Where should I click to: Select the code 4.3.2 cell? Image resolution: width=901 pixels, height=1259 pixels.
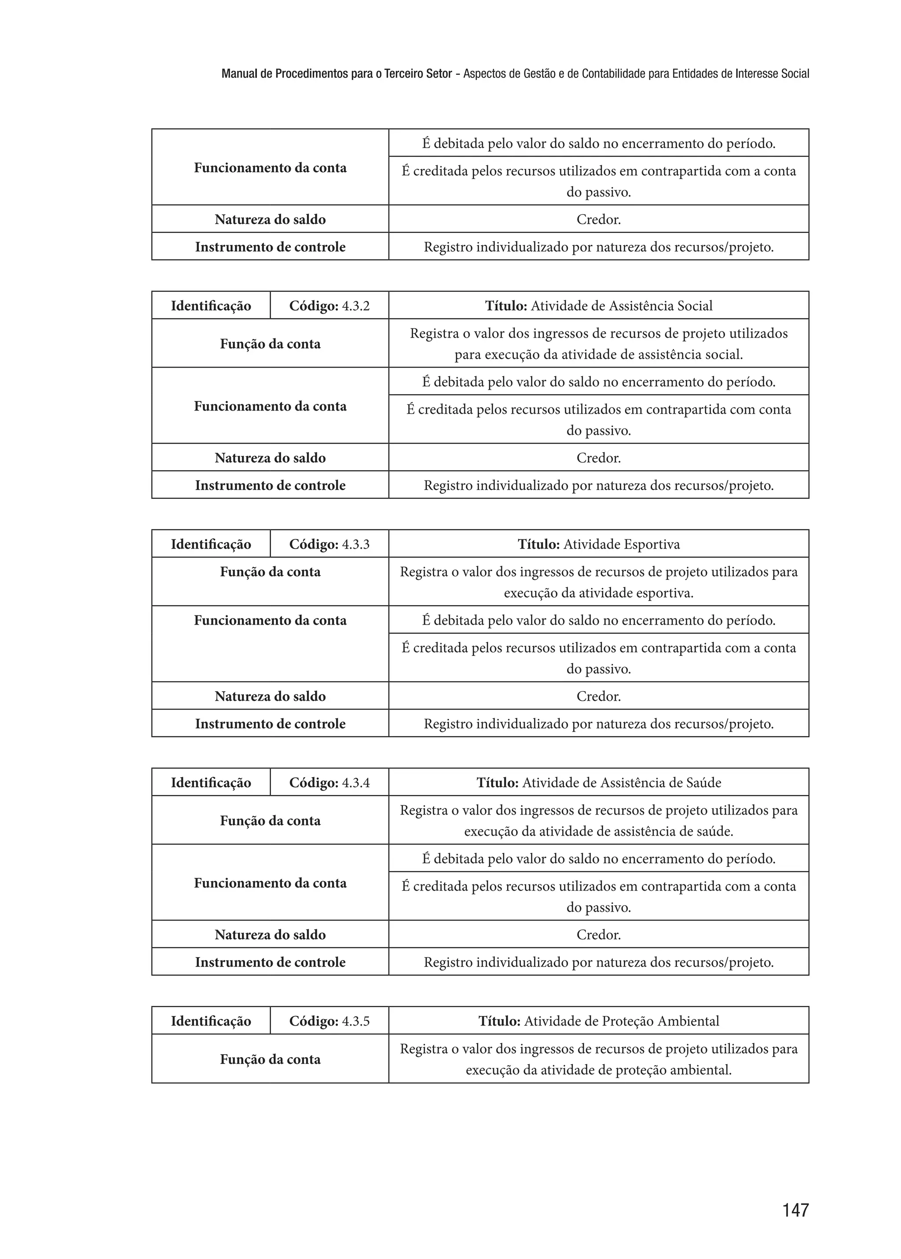click(x=329, y=306)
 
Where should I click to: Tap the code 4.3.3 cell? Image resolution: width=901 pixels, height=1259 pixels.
click(x=329, y=544)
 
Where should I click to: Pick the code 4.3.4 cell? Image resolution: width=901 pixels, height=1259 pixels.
click(x=329, y=783)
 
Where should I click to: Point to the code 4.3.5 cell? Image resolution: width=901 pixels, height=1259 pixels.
click(x=329, y=1021)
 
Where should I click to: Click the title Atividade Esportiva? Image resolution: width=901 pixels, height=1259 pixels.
click(x=599, y=544)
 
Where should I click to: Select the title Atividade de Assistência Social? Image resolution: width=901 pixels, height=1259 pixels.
click(x=599, y=306)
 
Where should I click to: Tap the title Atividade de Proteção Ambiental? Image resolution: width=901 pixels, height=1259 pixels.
click(x=599, y=1021)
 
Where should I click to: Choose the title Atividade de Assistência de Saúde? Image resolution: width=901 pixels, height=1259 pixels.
click(x=599, y=783)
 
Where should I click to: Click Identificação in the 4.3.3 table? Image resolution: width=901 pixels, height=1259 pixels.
click(x=211, y=544)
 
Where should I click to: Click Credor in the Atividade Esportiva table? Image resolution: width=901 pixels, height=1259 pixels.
click(x=599, y=696)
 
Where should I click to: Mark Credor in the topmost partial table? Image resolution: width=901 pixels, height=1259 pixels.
click(x=599, y=219)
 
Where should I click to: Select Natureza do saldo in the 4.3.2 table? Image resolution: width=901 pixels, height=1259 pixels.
click(x=270, y=458)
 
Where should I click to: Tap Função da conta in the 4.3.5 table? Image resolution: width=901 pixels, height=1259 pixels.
click(x=270, y=1059)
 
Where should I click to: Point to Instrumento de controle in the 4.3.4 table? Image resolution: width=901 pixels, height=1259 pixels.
click(x=270, y=962)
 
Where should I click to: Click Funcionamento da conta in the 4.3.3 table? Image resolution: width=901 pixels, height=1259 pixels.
click(x=270, y=620)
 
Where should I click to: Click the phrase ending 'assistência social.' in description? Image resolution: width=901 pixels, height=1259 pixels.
click(x=599, y=355)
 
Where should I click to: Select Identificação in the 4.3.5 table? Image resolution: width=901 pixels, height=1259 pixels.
click(x=211, y=1021)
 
